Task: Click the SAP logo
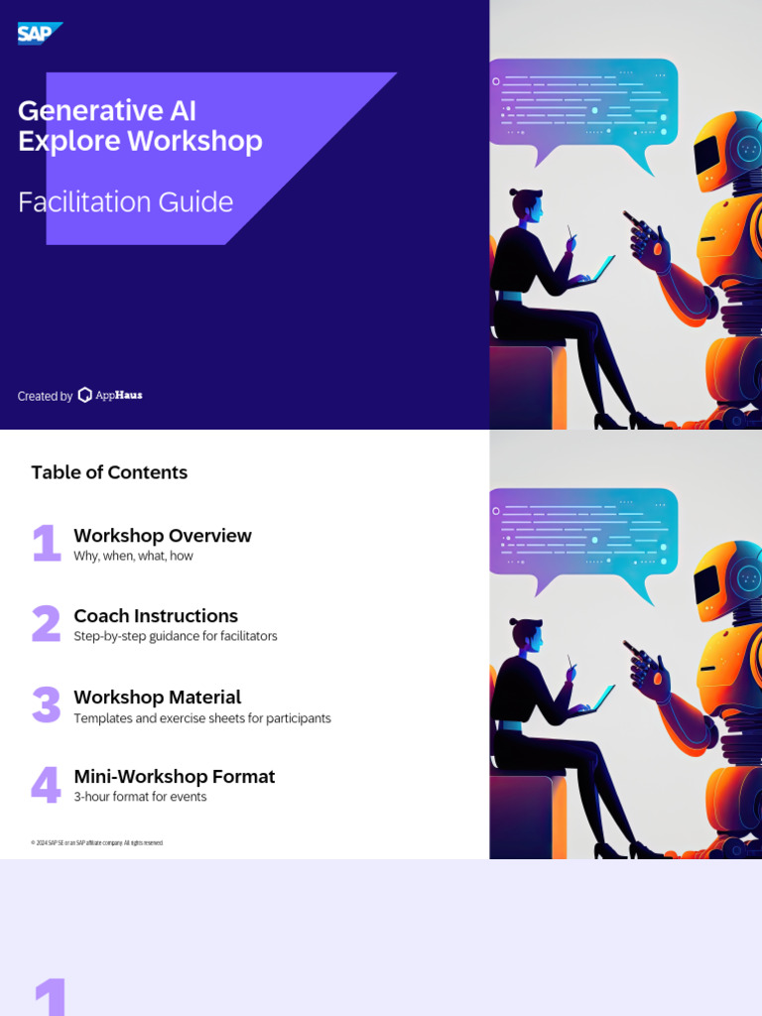coord(39,33)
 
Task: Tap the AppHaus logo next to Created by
coord(110,395)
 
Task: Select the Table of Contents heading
coord(109,472)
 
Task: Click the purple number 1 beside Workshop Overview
coord(46,544)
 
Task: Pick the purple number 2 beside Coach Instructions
coord(46,624)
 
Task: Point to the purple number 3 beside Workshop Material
coord(46,704)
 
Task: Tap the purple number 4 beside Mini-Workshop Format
coord(46,785)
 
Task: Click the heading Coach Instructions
coord(156,615)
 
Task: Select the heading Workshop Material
coord(157,697)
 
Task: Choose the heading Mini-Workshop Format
coord(174,776)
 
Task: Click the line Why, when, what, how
coord(133,556)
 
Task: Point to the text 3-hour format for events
coord(140,797)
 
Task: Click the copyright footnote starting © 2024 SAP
coord(96,842)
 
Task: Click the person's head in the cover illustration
coord(527,204)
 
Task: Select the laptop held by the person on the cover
coord(593,272)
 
